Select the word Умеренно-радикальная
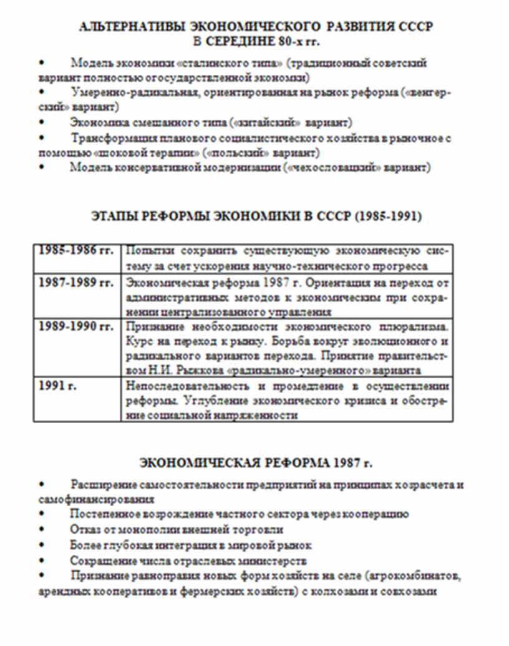click(122, 92)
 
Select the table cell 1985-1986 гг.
click(76, 251)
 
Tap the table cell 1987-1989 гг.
click(76, 282)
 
